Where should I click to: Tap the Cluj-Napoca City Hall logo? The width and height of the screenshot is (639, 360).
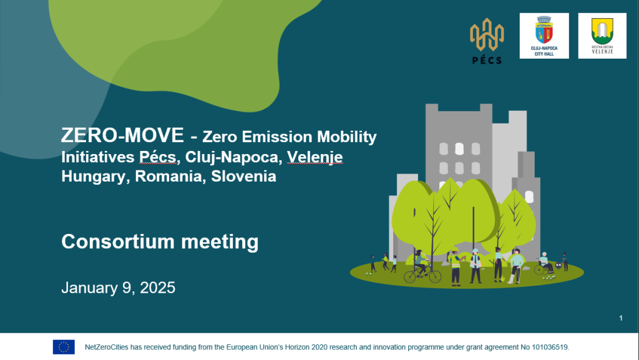544,36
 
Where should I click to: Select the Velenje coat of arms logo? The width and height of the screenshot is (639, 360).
602,36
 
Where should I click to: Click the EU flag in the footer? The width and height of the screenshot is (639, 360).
64,347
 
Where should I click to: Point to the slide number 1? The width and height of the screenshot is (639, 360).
621,318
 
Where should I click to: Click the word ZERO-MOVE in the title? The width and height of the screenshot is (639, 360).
122,135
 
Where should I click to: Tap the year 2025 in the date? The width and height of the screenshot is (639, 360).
158,288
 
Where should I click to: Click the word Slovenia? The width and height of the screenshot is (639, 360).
244,177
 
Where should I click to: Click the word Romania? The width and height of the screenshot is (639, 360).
170,177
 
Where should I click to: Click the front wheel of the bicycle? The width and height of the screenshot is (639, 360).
434,277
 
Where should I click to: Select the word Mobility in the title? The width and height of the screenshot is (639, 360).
347,137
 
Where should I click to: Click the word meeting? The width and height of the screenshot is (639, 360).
220,242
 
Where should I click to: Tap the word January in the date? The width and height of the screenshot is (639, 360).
90,288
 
